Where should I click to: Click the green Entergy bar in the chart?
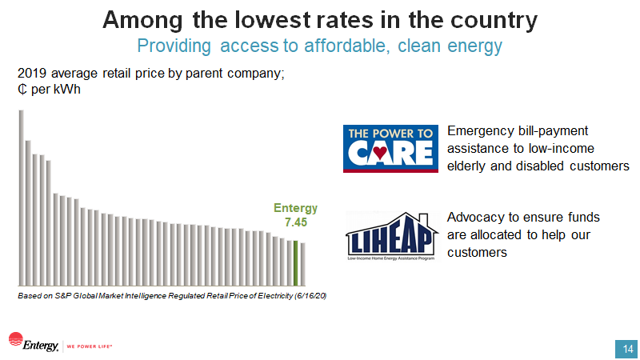(295, 262)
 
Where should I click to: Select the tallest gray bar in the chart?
(22, 197)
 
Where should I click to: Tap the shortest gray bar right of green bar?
(302, 264)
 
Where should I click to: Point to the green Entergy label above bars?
(296, 208)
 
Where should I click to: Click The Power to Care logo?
(390, 149)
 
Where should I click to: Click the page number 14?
(625, 349)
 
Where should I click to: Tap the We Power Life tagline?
(89, 346)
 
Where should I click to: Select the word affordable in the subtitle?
(342, 45)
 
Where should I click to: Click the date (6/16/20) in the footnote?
(310, 296)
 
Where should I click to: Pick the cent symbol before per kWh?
(22, 89)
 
